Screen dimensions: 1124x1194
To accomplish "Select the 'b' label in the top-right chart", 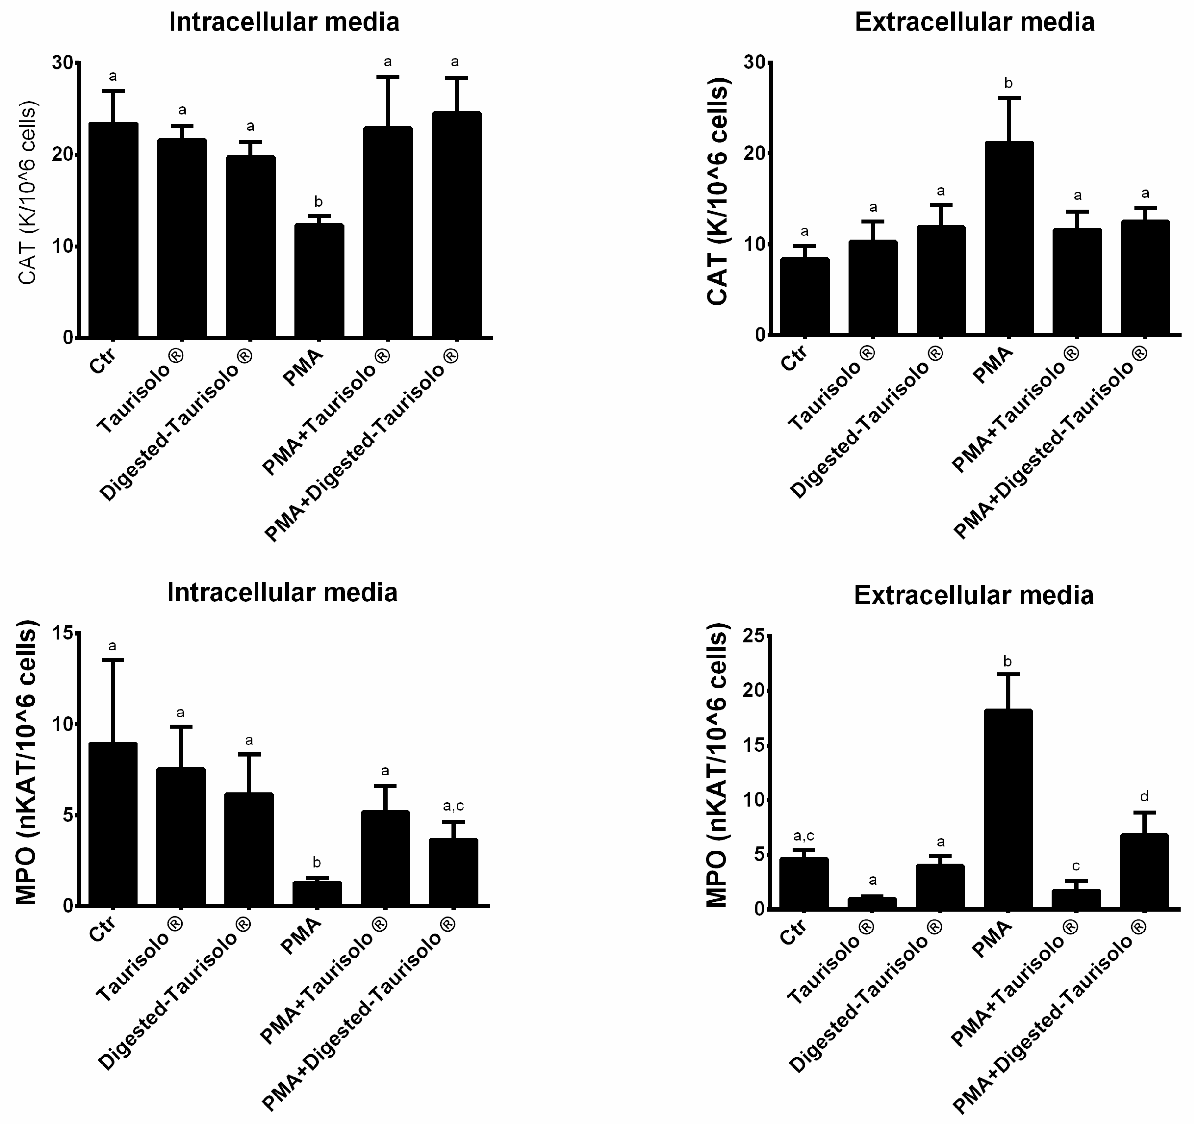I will click(x=1008, y=84).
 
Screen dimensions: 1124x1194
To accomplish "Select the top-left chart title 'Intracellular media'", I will click(x=284, y=22).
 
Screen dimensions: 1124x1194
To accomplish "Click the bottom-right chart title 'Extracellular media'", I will click(x=973, y=595).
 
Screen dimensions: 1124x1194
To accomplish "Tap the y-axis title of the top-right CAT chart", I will click(x=718, y=192).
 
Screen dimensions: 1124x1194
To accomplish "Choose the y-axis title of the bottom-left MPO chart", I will click(x=27, y=763).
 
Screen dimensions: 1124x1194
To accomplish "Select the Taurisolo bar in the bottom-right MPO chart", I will click(x=872, y=903).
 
